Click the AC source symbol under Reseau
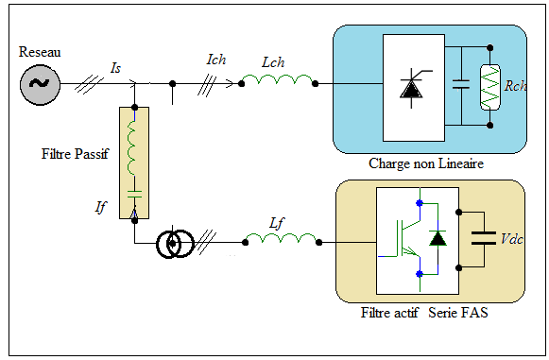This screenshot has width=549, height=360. point(40,84)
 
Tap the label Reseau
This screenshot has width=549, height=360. point(40,52)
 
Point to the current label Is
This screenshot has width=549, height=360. point(115,68)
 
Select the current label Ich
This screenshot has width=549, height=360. point(216,60)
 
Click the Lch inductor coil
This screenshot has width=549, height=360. point(278,79)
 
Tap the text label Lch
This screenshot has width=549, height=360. point(273,62)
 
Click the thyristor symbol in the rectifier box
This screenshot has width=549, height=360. point(413,88)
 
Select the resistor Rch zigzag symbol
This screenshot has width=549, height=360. point(489,87)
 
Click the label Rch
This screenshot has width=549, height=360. point(515,86)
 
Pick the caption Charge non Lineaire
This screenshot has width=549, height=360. point(426,163)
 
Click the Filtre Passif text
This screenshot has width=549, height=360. point(75,154)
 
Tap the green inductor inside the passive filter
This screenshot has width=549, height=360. point(131,147)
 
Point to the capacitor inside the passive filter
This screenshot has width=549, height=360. point(134,194)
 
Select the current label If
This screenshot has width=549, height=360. point(100,207)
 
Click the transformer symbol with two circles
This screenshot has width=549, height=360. point(175,244)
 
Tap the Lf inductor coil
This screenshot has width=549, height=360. point(282,238)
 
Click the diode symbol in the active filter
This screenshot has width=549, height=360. point(437,238)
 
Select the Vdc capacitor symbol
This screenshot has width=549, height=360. point(484,238)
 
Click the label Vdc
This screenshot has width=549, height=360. point(512,239)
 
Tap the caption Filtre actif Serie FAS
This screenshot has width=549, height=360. point(424,313)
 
